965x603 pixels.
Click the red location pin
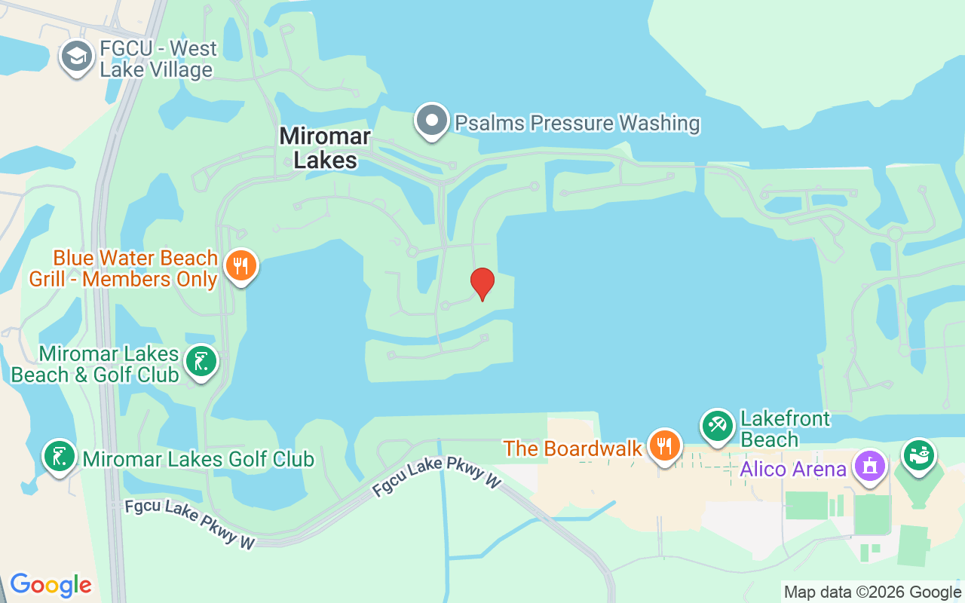pos(482,283)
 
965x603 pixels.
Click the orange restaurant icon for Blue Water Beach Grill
pos(240,266)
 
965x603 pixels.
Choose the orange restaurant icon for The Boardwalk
pos(663,445)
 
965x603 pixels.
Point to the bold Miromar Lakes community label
pos(325,148)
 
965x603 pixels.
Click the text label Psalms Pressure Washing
pos(577,123)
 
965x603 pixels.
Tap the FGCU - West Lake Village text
pos(158,60)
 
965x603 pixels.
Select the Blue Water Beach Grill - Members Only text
pos(124,269)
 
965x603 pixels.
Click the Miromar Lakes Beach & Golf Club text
pos(95,364)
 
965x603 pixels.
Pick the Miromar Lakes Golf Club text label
pos(198,459)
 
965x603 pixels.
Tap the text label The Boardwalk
pos(572,448)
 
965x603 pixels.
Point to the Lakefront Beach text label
pos(785,429)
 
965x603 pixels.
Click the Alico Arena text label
pos(793,469)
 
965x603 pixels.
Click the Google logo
pos(51,585)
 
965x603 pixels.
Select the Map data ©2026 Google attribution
pos(872,592)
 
